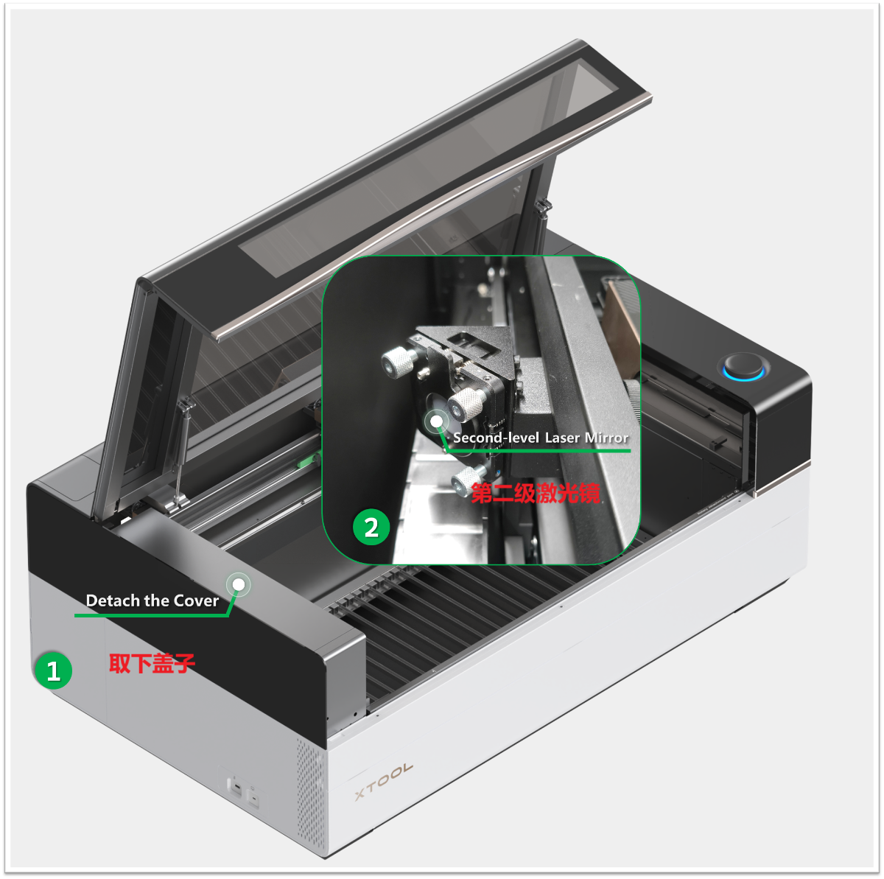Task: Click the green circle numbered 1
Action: click(54, 670)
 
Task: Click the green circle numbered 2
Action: click(371, 527)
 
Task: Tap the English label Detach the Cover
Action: click(152, 600)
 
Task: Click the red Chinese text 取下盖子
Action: click(152, 663)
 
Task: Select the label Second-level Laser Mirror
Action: click(541, 438)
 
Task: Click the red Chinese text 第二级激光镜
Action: click(536, 494)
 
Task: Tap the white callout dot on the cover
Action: click(239, 584)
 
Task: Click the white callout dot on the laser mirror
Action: click(436, 421)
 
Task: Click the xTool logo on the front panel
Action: click(384, 782)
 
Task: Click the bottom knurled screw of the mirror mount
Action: click(468, 479)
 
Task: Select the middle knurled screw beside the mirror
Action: click(466, 404)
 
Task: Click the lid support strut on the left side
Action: click(181, 452)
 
